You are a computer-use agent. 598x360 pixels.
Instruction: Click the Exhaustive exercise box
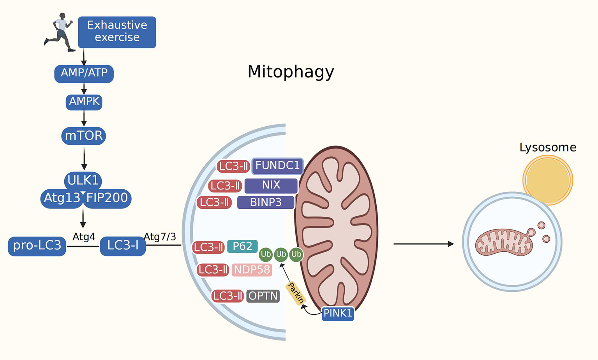coord(117,32)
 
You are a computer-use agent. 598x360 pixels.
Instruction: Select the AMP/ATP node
coord(84,73)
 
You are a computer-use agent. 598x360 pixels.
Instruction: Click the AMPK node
coord(84,102)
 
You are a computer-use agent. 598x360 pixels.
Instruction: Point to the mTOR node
coord(83,136)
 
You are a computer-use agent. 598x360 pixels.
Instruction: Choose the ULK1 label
coord(83,180)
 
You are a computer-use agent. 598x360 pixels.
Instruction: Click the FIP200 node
coord(107,198)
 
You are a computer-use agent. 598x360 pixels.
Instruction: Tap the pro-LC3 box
coord(37,246)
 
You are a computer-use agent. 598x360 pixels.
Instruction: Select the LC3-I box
coord(123,246)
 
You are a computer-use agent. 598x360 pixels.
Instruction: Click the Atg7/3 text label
coord(160,237)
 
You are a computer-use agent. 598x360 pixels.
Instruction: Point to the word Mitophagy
coord(291,72)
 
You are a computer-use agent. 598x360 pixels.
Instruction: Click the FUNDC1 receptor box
coord(277,166)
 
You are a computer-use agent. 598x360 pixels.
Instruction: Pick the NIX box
coord(271,185)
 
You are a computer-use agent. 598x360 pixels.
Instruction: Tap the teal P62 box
coord(242,247)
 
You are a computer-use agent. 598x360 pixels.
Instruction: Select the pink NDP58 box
coord(252,270)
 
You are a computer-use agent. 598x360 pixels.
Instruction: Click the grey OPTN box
coord(263,296)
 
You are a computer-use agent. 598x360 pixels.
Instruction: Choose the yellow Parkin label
coord(295,293)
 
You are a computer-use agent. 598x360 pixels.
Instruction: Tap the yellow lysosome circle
coord(547,180)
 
